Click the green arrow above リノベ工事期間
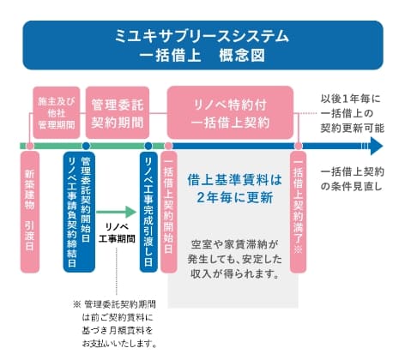tap(119, 210)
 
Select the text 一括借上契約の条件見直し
tap(353, 177)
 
